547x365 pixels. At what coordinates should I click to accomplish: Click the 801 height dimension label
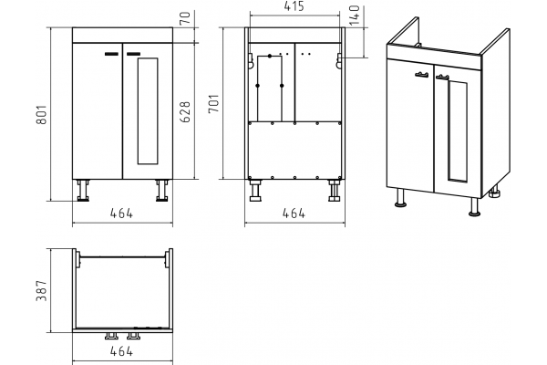pos(42,114)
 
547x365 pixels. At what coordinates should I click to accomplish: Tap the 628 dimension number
pos(185,111)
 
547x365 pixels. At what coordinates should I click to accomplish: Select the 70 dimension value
pos(186,17)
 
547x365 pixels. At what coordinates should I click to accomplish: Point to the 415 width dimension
pos(294,6)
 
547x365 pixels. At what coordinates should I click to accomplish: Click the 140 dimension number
pos(355,15)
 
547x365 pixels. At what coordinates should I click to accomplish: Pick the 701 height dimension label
pos(213,103)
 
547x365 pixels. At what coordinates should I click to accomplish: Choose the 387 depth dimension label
pos(42,290)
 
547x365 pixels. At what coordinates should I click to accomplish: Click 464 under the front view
pos(122,213)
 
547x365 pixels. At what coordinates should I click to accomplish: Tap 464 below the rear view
pos(294,213)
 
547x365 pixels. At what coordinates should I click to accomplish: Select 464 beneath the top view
pos(122,351)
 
